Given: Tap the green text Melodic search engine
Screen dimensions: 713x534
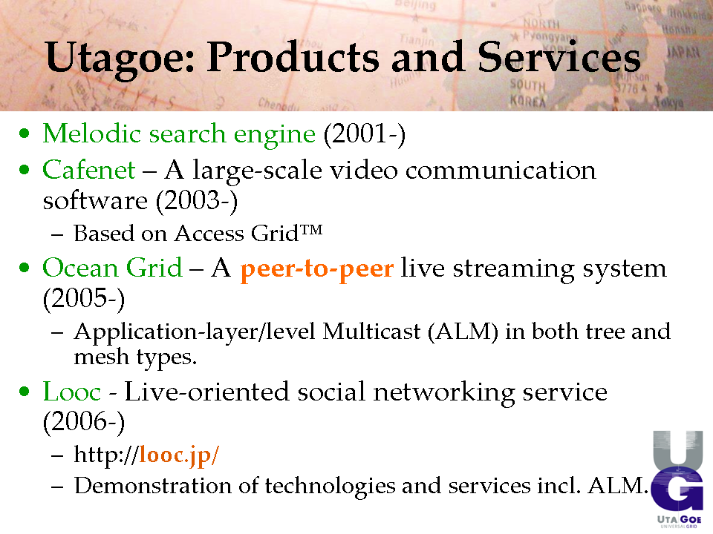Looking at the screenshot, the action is [179, 134].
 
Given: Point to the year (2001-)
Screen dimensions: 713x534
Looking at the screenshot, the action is [365, 134].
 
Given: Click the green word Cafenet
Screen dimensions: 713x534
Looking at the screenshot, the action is [89, 170].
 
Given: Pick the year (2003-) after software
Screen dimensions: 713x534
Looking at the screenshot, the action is [197, 201].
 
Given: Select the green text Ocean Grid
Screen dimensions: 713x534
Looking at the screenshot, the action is [112, 268].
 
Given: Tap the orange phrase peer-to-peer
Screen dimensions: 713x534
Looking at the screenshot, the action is [317, 268].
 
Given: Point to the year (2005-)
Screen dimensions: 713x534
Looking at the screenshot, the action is [84, 299].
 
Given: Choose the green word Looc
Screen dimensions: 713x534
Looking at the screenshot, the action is [72, 392].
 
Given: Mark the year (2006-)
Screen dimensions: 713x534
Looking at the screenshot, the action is [84, 422].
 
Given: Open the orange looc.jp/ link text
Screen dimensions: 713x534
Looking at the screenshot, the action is [179, 455].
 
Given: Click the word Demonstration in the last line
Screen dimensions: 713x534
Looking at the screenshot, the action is [153, 485].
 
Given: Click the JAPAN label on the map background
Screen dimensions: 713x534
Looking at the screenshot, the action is [683, 52].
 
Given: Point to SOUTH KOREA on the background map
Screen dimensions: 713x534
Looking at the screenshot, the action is [527, 93].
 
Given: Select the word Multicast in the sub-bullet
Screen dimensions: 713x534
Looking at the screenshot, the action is [371, 331].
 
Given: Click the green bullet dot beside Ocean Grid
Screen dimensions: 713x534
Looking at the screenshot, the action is [25, 268].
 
